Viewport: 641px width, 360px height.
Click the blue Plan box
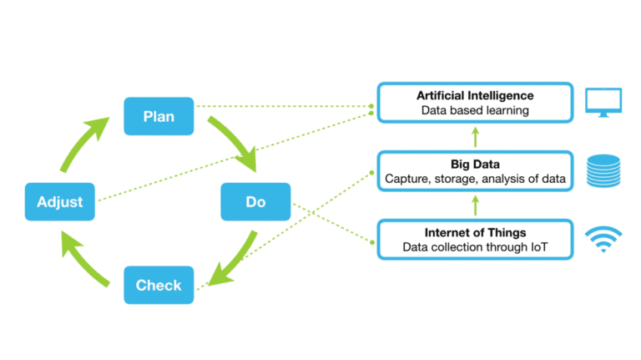159,116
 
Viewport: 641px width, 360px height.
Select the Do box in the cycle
255,201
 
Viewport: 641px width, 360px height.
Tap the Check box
159,285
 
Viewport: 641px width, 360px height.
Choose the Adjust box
60,201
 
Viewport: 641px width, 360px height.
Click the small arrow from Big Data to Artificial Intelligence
475,135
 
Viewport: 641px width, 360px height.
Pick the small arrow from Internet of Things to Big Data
475,204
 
